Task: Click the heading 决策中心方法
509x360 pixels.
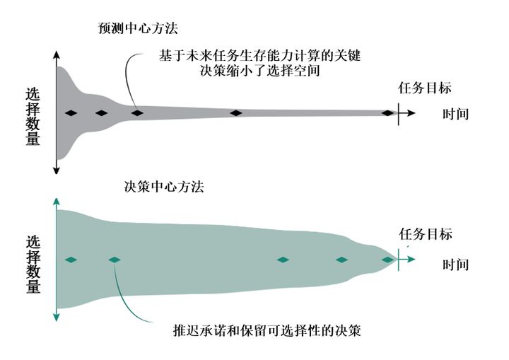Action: coord(163,187)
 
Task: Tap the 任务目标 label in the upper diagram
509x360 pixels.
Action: coord(425,88)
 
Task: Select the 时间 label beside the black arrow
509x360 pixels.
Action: coord(456,114)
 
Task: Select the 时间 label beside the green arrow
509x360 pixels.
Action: coord(456,265)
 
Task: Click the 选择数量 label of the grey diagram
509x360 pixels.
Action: coord(33,116)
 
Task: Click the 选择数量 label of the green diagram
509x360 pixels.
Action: coord(33,264)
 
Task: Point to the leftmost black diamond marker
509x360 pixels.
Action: coord(69,112)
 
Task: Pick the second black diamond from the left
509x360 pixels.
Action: coord(101,112)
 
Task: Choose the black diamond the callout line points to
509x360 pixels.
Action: coord(137,112)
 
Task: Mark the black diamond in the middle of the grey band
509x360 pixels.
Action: coord(236,112)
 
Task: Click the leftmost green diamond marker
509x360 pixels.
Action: coord(69,260)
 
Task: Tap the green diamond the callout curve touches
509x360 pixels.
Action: coord(115,260)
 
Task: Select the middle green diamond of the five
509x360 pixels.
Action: coord(283,260)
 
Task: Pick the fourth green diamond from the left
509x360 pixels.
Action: coord(342,260)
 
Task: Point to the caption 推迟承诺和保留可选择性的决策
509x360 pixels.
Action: coord(267,330)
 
